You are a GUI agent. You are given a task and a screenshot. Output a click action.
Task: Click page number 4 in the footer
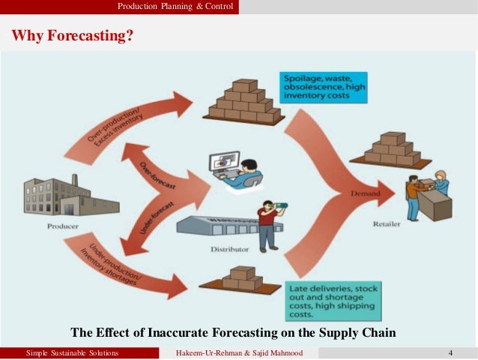[450, 352]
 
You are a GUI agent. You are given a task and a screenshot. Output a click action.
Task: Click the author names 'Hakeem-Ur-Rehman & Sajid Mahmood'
[239, 352]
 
